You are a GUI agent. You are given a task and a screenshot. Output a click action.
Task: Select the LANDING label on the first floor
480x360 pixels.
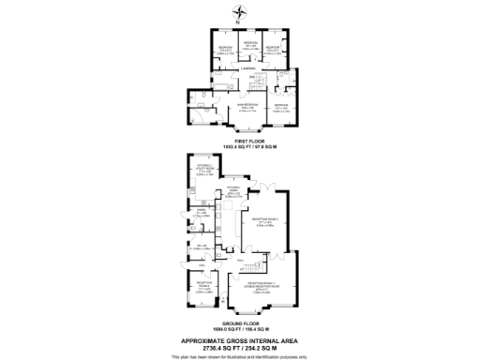point(248,68)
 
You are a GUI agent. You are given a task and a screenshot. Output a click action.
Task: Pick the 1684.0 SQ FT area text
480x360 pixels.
point(240,329)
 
